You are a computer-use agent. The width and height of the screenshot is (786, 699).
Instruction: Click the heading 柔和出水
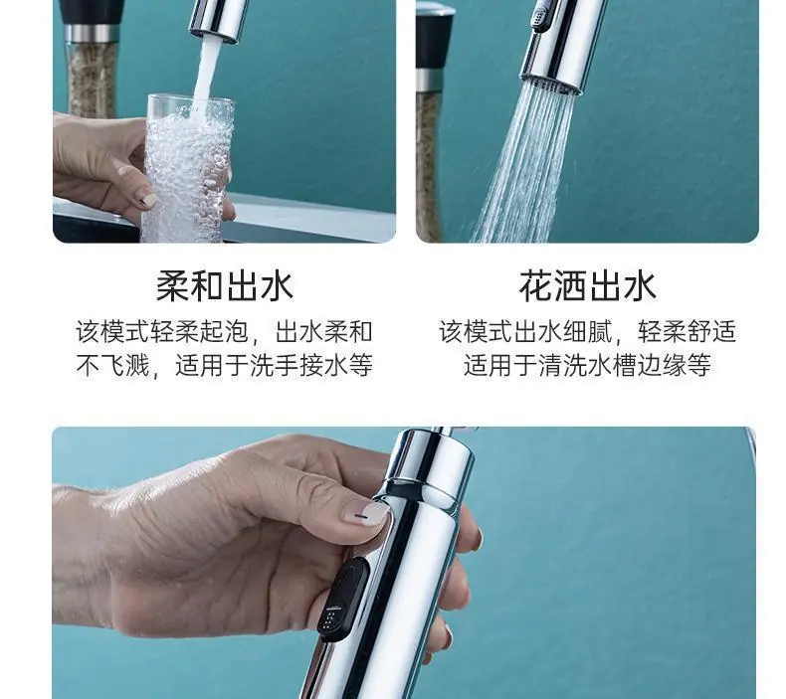225,286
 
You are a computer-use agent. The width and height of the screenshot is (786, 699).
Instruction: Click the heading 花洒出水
587,286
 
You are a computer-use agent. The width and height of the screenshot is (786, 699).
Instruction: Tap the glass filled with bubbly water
188,168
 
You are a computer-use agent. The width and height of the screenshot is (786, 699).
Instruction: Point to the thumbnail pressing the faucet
367,514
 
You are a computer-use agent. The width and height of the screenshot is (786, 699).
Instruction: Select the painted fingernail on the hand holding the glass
147,199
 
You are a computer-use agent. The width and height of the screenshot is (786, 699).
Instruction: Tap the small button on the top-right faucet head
540,14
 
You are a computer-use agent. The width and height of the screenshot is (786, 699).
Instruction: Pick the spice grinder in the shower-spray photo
430,120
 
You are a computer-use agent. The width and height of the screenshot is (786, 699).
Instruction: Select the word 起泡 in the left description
224,332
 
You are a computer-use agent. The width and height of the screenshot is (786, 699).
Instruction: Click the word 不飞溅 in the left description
112,365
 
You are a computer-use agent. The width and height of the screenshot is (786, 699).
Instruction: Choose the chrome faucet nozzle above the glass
219,20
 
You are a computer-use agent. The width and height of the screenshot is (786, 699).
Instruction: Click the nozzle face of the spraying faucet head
553,85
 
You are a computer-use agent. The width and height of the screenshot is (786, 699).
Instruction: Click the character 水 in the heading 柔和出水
277,286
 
